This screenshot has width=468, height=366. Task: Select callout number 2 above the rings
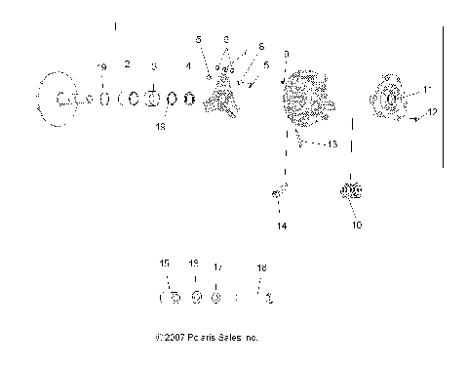pos(128,63)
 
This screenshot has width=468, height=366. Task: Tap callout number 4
pos(189,65)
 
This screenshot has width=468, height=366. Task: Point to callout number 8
pos(226,39)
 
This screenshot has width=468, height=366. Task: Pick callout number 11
pos(426,90)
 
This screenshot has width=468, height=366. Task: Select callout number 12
pos(433,113)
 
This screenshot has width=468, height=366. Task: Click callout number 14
pos(282,225)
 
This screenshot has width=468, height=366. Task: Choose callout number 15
pos(165,263)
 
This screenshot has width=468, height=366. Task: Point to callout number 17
pos(217,266)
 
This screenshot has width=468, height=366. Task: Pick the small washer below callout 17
pos(216,298)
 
